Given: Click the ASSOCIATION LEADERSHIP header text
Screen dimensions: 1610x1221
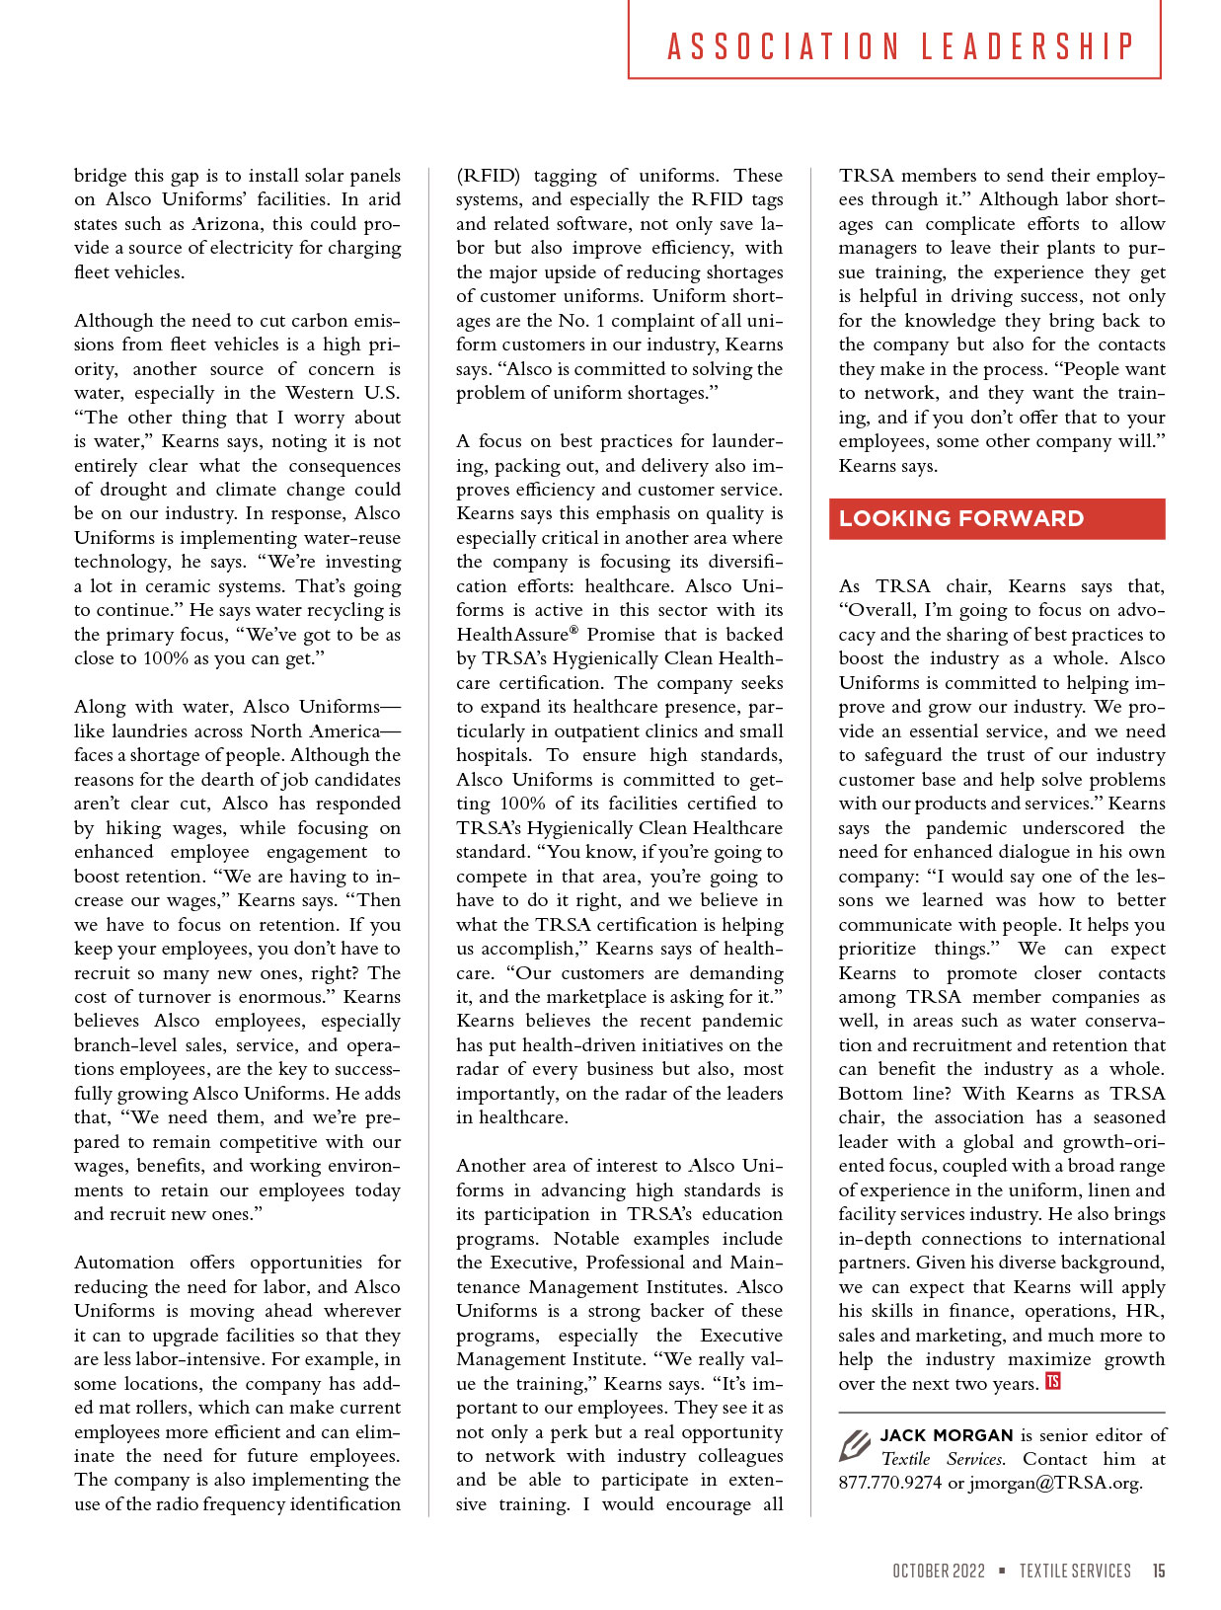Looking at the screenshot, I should pos(900,46).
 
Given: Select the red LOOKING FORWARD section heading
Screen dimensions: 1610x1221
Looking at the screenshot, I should pos(961,519).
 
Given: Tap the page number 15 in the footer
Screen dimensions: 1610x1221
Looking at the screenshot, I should pos(1158,1571).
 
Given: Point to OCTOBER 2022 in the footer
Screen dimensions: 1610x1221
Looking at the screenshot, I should pos(939,1571).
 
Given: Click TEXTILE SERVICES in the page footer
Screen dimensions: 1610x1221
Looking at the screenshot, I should pos(1075,1571).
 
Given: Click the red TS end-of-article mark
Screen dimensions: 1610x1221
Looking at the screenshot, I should pos(1053,1382).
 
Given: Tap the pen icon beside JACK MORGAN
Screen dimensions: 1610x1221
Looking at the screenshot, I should pos(854,1446).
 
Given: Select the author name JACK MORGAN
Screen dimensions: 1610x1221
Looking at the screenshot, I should pos(947,1435).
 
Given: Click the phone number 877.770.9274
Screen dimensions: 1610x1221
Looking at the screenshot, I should pos(890,1484).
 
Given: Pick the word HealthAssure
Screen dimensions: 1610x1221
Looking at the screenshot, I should pos(513,635).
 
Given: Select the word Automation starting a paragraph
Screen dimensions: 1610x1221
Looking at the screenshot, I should pos(123,1263).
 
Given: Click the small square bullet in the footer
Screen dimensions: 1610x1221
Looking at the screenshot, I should pos(1002,1571).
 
